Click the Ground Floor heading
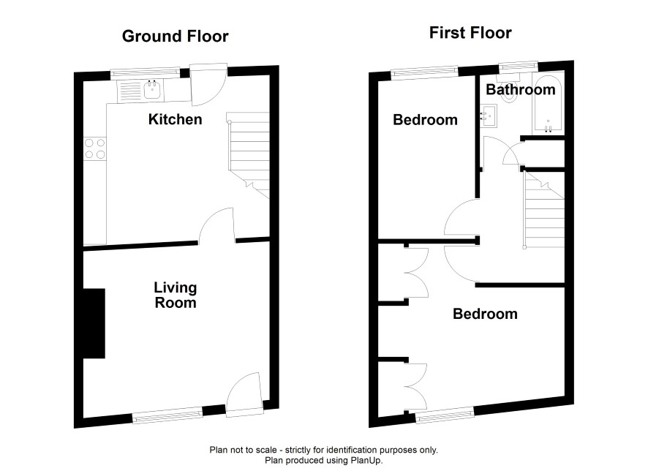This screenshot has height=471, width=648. click(176, 37)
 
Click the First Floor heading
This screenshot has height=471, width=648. click(470, 33)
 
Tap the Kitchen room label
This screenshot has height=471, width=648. click(176, 119)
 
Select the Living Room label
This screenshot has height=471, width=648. click(176, 295)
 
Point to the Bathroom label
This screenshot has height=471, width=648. click(520, 89)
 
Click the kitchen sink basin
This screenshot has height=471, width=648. click(152, 90)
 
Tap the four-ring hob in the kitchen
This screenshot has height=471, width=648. click(94, 148)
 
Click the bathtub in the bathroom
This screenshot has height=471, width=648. click(548, 105)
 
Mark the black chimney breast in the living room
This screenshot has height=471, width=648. click(94, 323)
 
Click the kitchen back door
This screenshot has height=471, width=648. click(208, 85)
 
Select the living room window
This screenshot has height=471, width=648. click(167, 415)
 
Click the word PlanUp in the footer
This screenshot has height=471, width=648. click(368, 460)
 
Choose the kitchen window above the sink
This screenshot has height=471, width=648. click(146, 73)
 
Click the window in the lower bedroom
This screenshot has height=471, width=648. click(445, 415)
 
